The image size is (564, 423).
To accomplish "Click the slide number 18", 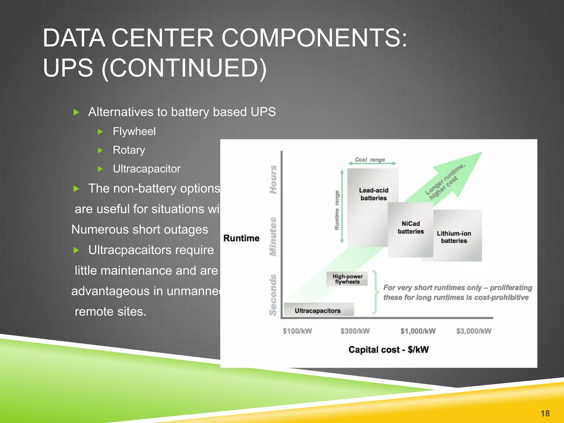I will [x=545, y=413].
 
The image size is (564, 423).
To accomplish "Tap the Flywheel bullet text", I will [x=134, y=131].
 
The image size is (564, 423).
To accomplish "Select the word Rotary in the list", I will [x=129, y=150].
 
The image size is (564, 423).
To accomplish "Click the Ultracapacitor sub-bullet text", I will [x=147, y=169].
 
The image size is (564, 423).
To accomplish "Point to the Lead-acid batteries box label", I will [x=373, y=194].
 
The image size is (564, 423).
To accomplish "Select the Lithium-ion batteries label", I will [x=454, y=237].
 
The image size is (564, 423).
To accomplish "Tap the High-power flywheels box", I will [x=347, y=279].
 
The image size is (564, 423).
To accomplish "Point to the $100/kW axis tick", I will [x=297, y=331].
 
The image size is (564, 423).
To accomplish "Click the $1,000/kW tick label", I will [x=418, y=331].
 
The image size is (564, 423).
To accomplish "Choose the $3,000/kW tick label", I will [x=474, y=331].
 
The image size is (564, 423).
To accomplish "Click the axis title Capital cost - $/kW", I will [x=388, y=350].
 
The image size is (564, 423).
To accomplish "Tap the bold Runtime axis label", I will [x=241, y=238].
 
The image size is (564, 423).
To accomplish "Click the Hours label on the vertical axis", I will [x=273, y=180].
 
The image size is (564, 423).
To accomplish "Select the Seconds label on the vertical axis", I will [x=273, y=295].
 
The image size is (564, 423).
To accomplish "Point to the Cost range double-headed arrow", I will [x=372, y=164].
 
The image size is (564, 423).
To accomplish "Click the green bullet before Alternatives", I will [x=77, y=112].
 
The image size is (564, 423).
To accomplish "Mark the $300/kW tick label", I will [x=355, y=331].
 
